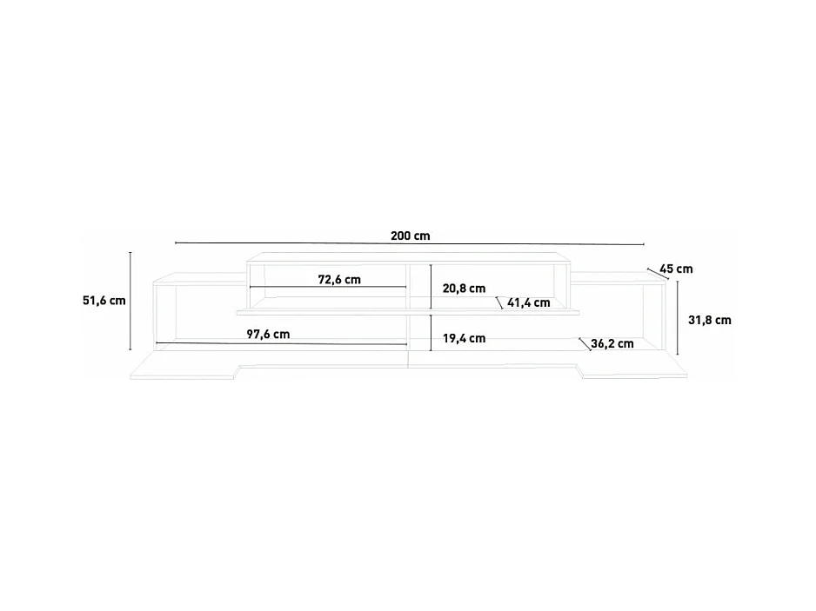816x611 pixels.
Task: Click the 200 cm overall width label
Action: pos(411,236)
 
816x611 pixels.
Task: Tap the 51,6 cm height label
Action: pos(104,301)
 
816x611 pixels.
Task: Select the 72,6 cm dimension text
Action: pos(339,280)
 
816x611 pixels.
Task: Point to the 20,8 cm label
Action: pos(464,289)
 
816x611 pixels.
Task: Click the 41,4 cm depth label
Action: pos(529,303)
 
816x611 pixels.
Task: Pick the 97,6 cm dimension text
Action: pos(268,335)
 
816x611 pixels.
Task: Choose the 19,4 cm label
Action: pos(464,338)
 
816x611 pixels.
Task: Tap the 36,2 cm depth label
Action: pos(612,343)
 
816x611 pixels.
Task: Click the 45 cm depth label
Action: pos(676,269)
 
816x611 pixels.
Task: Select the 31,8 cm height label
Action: pos(709,320)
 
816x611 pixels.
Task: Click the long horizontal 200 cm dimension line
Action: pos(409,243)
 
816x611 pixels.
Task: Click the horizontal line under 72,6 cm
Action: pos(328,288)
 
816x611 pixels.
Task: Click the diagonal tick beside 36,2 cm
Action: pos(584,343)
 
